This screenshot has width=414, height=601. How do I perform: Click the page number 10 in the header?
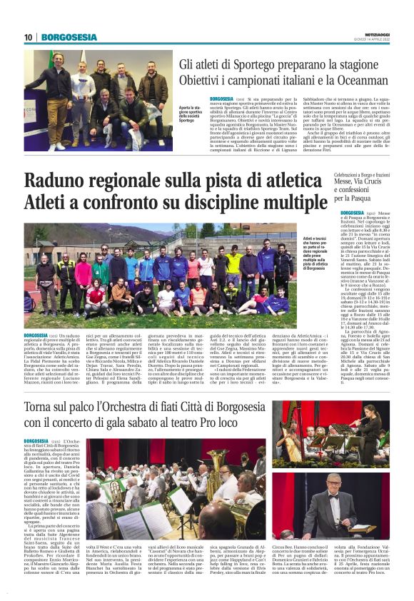tap(29, 37)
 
